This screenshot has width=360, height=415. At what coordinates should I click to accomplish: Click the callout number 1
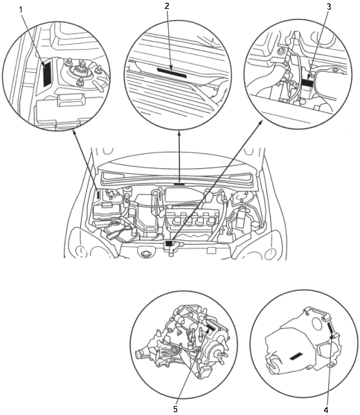click(x=21, y=10)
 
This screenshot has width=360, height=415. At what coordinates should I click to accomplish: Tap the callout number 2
click(x=167, y=6)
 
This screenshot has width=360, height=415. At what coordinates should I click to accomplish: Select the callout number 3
click(x=329, y=6)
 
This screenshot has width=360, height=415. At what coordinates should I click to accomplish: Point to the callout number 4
click(x=326, y=409)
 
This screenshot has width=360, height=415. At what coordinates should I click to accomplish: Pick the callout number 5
click(x=175, y=409)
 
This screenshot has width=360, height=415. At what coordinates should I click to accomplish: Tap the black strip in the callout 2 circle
click(x=172, y=73)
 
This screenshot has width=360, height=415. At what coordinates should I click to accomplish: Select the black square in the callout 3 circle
click(x=307, y=82)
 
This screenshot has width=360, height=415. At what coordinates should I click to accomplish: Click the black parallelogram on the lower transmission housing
click(x=296, y=356)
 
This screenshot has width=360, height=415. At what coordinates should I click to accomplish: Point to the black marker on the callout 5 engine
click(x=210, y=328)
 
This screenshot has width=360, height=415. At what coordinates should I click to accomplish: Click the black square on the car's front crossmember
click(x=169, y=243)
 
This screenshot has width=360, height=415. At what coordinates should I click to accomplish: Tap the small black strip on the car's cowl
click(x=179, y=183)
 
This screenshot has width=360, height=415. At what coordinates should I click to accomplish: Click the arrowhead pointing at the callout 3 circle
click(x=261, y=121)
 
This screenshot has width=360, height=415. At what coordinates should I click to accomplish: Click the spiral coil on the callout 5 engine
click(x=175, y=351)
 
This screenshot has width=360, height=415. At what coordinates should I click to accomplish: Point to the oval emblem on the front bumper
click(x=146, y=254)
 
